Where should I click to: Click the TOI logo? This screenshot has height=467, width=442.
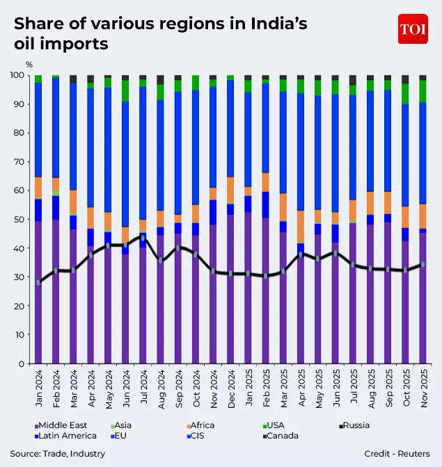pyautogui.click(x=412, y=28)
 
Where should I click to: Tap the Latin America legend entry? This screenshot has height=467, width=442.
pyautogui.click(x=67, y=436)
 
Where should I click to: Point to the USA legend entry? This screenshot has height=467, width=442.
pyautogui.click(x=275, y=425)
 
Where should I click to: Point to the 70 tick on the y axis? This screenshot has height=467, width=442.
pyautogui.click(x=19, y=161)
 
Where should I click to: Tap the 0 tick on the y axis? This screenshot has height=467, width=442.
pyautogui.click(x=22, y=363)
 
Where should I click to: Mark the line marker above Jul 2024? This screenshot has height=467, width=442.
pyautogui.click(x=143, y=238)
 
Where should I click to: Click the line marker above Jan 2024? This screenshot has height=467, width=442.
pyautogui.click(x=38, y=282)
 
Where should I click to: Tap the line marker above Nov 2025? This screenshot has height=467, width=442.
pyautogui.click(x=423, y=264)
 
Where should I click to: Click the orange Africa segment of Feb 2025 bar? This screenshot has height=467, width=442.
pyautogui.click(x=265, y=182)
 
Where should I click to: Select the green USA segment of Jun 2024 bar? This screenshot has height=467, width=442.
pyautogui.click(x=125, y=90)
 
